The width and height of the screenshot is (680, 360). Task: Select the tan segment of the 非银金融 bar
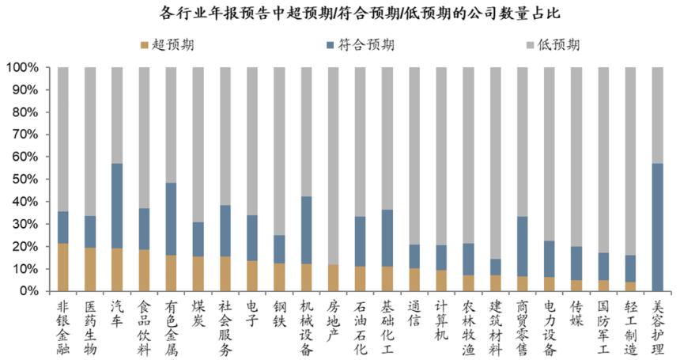tap(63, 267)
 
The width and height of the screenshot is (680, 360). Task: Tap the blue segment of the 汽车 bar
tap(117, 206)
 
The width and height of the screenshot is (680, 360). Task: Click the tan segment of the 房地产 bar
tap(334, 278)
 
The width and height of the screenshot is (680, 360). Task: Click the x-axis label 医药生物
tap(90, 324)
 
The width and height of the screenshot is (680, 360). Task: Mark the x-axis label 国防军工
tap(604, 324)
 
